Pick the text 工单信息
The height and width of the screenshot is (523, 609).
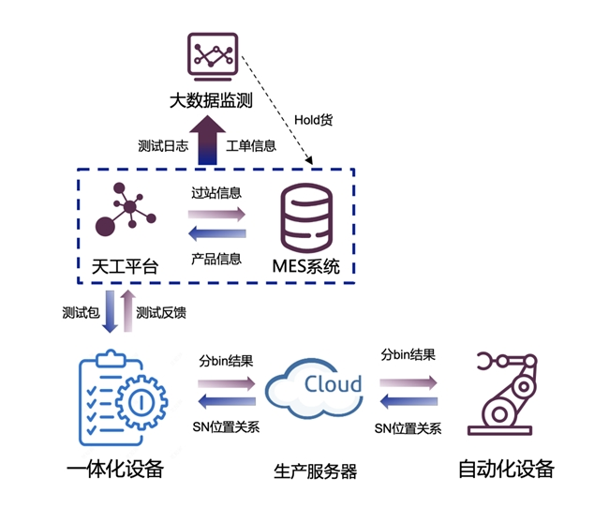point(252,146)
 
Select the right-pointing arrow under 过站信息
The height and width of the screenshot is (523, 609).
point(216,213)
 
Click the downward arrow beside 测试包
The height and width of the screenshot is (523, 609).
point(111,310)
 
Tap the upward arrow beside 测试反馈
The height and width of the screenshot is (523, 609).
point(127,310)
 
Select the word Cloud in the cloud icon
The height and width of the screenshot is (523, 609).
point(332,384)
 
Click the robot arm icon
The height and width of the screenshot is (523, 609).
point(504,398)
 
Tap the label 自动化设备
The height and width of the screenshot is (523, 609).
point(505,469)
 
